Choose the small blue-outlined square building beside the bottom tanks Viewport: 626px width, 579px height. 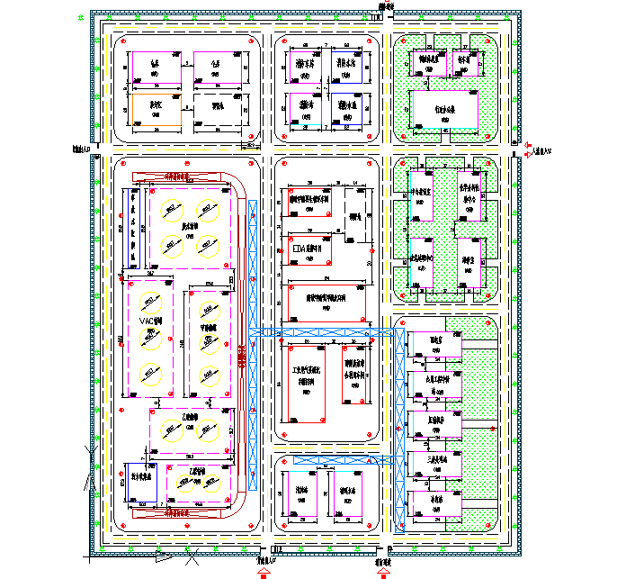coord(139,484)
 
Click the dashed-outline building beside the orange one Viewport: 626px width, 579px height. coord(217,113)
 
